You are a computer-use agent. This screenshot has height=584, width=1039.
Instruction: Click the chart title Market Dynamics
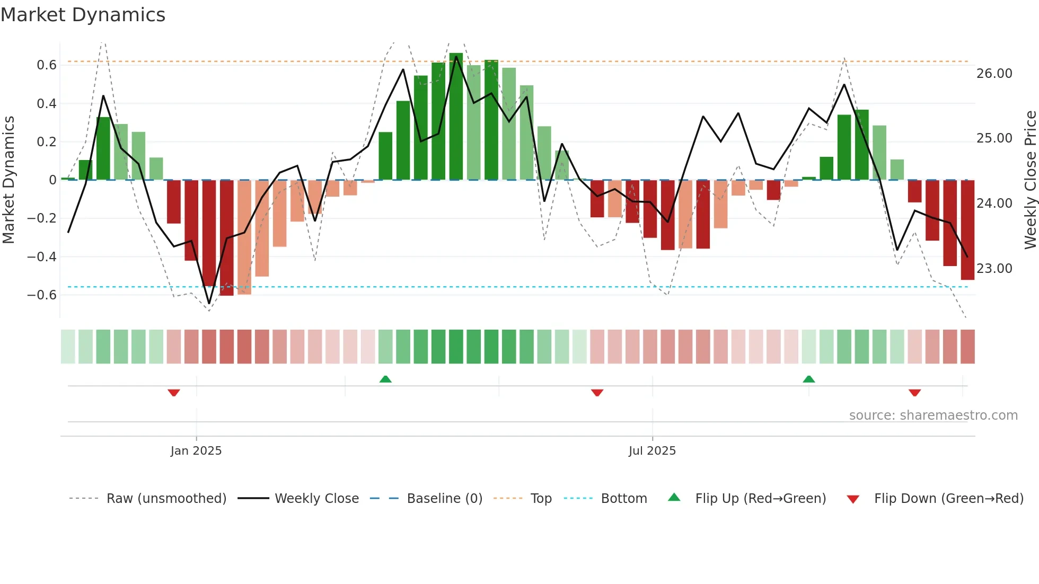(83, 15)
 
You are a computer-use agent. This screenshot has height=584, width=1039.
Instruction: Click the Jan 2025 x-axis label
(196, 451)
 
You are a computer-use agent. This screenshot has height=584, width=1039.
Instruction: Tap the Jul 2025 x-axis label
(652, 451)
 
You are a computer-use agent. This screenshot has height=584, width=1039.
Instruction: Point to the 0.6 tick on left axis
(47, 65)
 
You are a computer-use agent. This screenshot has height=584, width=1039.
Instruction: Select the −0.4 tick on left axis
(42, 257)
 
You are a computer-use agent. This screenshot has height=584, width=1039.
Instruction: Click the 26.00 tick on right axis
(994, 74)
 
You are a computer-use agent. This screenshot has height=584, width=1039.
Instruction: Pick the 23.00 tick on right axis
(994, 269)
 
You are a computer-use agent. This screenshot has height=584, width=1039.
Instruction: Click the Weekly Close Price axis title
(1030, 180)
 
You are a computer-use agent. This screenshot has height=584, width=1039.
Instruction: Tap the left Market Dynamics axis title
(9, 180)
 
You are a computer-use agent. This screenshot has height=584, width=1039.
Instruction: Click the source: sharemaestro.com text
(933, 415)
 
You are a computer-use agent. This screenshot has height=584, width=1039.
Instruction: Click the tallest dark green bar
(456, 117)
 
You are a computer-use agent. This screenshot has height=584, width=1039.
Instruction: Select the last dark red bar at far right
(967, 230)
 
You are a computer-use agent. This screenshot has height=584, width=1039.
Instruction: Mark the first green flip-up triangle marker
(385, 379)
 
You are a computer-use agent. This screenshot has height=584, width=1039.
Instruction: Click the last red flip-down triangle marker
(914, 393)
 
